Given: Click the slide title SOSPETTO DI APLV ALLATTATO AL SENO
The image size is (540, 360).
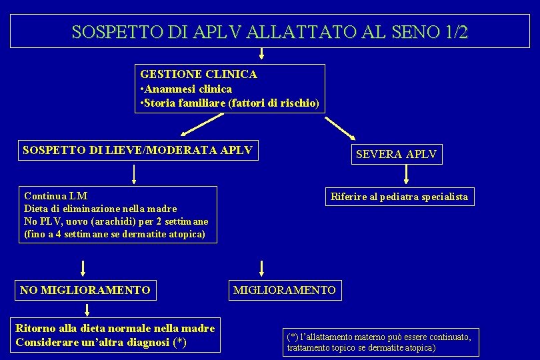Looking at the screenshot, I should pos(269,31).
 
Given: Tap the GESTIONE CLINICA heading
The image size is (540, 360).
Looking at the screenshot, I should pos(198,75).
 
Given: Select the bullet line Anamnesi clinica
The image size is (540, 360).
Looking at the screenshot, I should pos(186,89).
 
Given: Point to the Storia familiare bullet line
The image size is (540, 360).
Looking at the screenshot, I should pos(229,103).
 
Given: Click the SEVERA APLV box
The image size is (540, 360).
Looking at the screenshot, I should pos(396,154).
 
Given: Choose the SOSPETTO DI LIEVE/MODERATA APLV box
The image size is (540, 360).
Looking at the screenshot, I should pos(137,150).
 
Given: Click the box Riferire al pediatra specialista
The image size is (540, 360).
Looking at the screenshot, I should pos(399,196).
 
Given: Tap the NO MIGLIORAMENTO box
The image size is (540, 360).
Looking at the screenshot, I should pos(85,290).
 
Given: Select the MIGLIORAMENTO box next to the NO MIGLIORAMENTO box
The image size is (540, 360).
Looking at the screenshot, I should pos(284,290).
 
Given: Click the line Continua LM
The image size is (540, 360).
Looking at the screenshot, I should pos(56,196).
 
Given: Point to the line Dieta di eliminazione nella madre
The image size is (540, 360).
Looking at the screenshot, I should pos(100,209).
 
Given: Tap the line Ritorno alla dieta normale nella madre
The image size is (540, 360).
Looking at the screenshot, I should pos(115,328).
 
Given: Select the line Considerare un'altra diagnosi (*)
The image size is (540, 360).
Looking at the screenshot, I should pos(100,343).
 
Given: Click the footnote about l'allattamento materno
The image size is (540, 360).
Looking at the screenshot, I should pos(379,342).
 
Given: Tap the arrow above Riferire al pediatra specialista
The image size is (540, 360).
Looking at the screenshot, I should pos(407,175).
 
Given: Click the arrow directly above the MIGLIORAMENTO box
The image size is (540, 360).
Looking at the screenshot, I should pos(261,268).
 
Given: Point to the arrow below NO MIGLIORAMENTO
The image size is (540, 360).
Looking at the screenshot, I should pos(86,310).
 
